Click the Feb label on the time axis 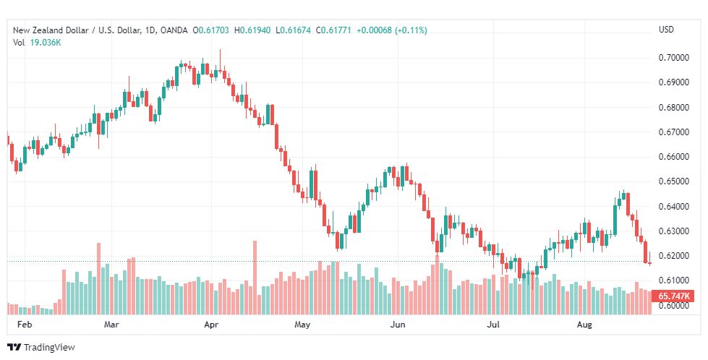25,325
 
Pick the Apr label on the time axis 211,325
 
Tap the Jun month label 398,325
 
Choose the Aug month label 585,325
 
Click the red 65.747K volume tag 674,296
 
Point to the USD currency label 666,30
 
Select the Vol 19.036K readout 37,43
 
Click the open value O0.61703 211,30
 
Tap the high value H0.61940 252,30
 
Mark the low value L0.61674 294,30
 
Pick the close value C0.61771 333,30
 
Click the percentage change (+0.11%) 411,30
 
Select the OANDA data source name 174,30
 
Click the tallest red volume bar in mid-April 255,278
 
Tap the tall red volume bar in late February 99,279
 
